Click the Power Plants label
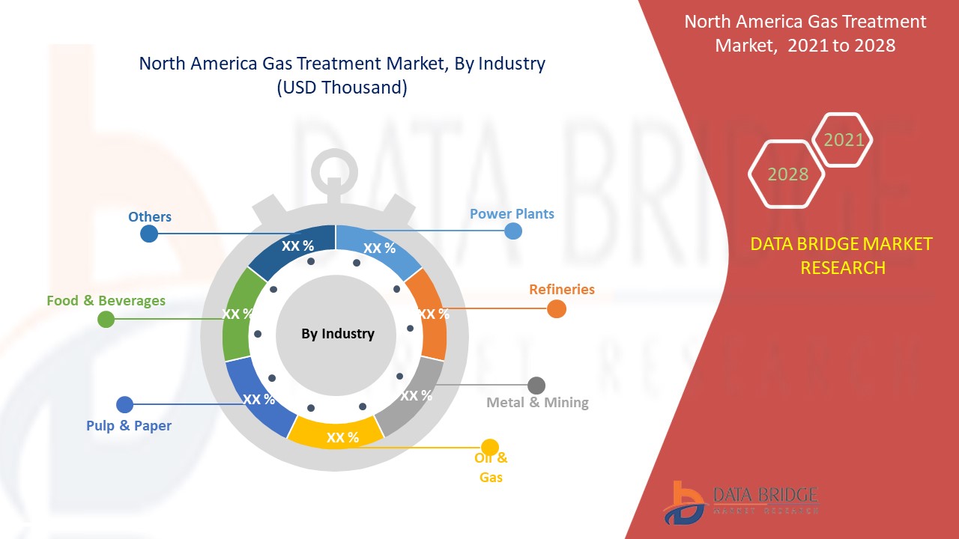(512, 214)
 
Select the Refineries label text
(561, 289)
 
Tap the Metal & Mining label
(537, 403)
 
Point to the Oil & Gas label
(491, 467)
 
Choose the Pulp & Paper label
(129, 426)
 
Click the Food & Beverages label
(106, 301)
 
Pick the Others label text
(150, 217)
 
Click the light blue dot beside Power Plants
(513, 231)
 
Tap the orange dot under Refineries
(557, 308)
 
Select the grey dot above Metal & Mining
(536, 386)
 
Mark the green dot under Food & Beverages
(106, 320)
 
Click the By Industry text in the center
(337, 334)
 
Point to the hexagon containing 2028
(787, 174)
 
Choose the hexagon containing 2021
(843, 140)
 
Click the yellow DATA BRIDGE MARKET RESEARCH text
(842, 255)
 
